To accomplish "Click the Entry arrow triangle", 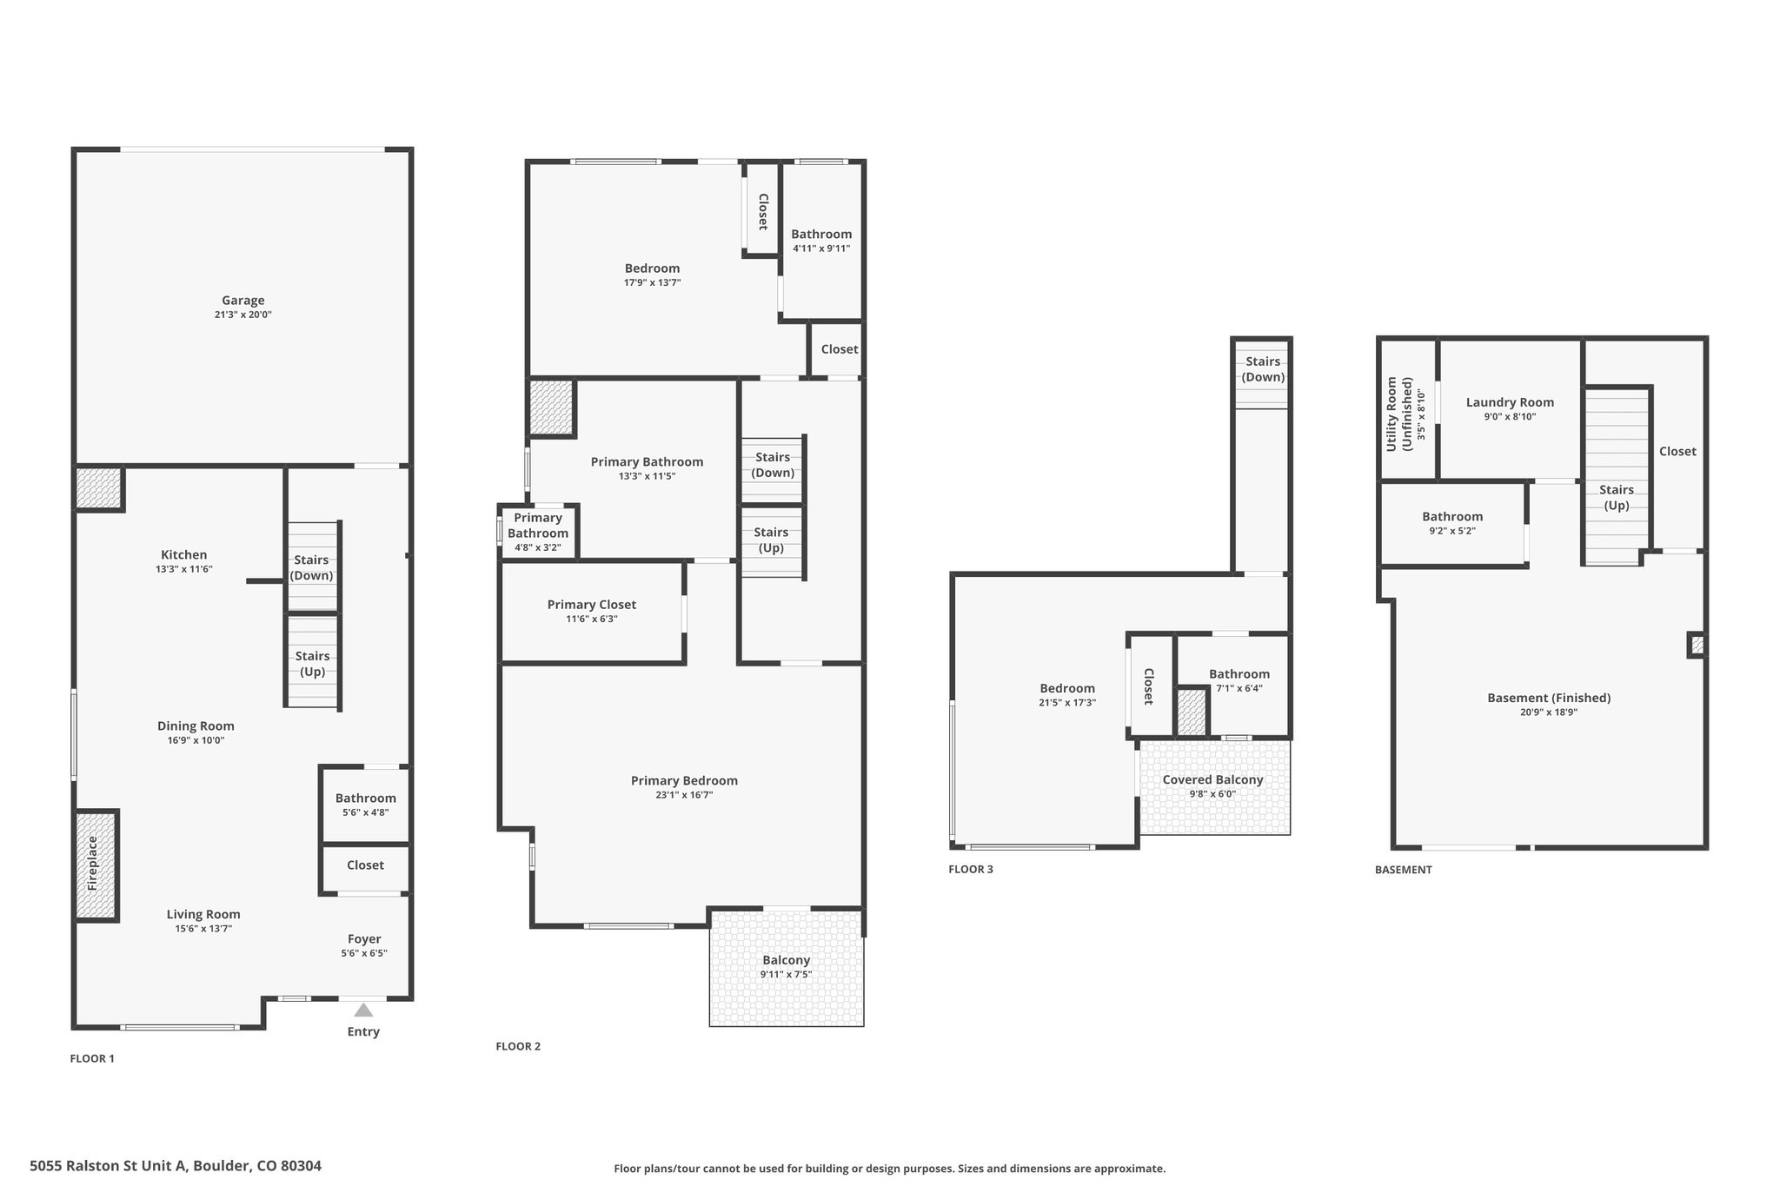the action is (x=363, y=1010).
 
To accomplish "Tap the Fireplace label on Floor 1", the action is (x=92, y=864).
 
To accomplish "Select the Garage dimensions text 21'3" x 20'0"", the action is (x=243, y=315).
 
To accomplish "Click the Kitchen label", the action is (x=184, y=554).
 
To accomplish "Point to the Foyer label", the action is (x=364, y=938).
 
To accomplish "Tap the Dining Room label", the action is (x=196, y=726).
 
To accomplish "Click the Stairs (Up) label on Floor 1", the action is (x=312, y=664).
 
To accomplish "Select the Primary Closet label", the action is (x=592, y=605).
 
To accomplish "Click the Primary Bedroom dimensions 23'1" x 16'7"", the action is (x=685, y=795).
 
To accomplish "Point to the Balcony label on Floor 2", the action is (x=787, y=960).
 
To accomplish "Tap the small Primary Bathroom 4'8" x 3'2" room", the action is (x=538, y=532).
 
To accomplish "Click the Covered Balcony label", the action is (x=1213, y=779).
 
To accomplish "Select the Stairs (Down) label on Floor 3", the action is (x=1263, y=369).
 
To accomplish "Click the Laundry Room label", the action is (x=1511, y=402).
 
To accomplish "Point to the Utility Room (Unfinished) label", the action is (x=1399, y=414).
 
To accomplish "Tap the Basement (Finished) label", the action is (x=1549, y=698).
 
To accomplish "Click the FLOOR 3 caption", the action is (x=971, y=869).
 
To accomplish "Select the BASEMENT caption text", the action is (x=1404, y=869).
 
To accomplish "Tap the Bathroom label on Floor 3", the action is (x=1239, y=673).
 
